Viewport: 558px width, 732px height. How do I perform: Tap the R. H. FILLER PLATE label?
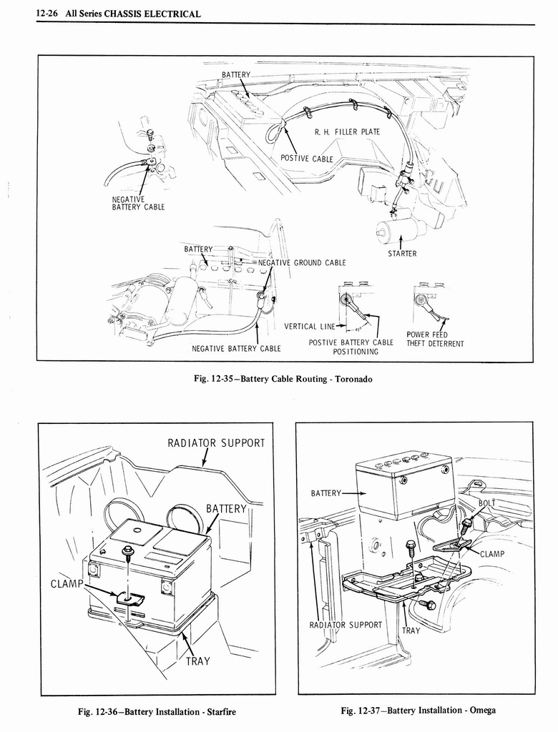tap(347, 132)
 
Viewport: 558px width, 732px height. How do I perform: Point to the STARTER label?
tap(403, 253)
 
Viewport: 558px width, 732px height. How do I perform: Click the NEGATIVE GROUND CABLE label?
tap(301, 262)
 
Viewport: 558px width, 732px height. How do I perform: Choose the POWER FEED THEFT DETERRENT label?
tap(435, 339)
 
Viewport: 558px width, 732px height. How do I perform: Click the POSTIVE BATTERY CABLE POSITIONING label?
tap(351, 347)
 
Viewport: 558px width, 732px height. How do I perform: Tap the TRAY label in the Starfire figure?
tap(198, 661)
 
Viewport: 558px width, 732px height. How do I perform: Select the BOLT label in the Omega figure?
tap(486, 503)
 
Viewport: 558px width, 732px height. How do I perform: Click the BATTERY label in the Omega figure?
tap(326, 493)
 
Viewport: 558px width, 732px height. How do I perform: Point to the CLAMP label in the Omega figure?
tap(492, 553)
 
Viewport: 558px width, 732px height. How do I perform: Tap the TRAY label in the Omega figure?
tap(411, 630)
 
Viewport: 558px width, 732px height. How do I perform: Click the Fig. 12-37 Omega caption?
tap(418, 710)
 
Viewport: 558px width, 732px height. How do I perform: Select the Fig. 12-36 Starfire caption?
tap(157, 711)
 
